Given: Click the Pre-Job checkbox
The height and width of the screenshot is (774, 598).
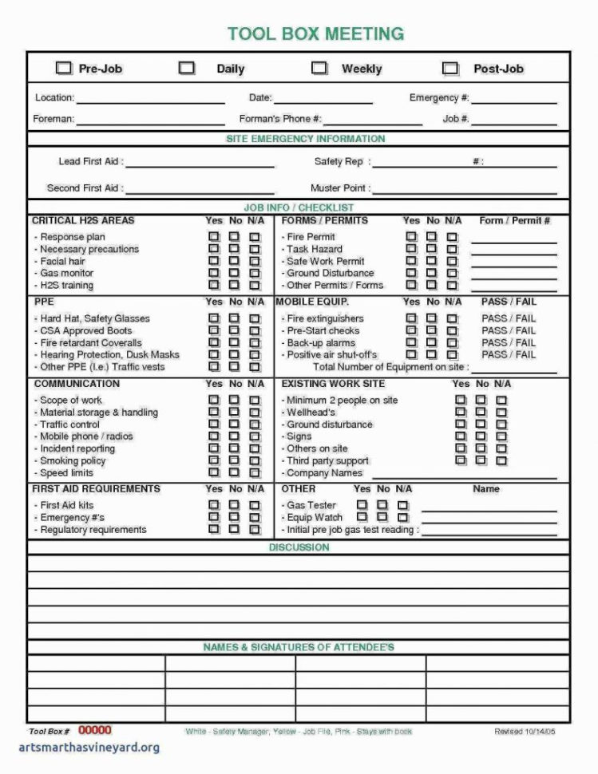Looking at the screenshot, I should [x=63, y=69].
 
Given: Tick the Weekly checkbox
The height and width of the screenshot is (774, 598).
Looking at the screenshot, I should [x=319, y=69].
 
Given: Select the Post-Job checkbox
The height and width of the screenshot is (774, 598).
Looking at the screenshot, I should [x=450, y=69].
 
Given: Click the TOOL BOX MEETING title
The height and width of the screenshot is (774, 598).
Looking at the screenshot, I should [x=316, y=34].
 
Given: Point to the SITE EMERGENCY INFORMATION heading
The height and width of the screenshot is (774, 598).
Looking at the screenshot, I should [x=305, y=139].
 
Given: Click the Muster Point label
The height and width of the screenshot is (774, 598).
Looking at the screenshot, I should [x=341, y=188].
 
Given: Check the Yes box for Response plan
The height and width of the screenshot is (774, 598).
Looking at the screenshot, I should [x=213, y=237].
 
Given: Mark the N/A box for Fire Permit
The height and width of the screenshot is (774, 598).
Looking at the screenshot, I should [x=452, y=237].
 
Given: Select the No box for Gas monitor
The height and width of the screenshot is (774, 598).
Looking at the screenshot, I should [x=234, y=273].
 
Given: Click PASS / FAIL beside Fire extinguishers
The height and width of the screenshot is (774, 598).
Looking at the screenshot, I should [x=509, y=318].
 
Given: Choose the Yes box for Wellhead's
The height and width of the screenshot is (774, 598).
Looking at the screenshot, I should [x=461, y=413].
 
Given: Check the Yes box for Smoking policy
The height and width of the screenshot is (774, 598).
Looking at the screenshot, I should [x=213, y=460].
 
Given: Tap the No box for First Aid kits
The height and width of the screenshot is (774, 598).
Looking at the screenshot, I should [x=234, y=505].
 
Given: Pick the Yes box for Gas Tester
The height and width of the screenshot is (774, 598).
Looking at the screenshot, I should [x=362, y=505].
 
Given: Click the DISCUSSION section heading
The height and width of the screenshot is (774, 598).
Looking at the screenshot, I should [x=299, y=547].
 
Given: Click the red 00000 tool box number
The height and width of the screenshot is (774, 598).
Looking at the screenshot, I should [x=94, y=730].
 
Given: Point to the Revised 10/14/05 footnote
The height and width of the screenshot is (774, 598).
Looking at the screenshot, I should [x=525, y=731].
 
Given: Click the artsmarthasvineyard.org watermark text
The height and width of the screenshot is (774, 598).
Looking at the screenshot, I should [x=89, y=748].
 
